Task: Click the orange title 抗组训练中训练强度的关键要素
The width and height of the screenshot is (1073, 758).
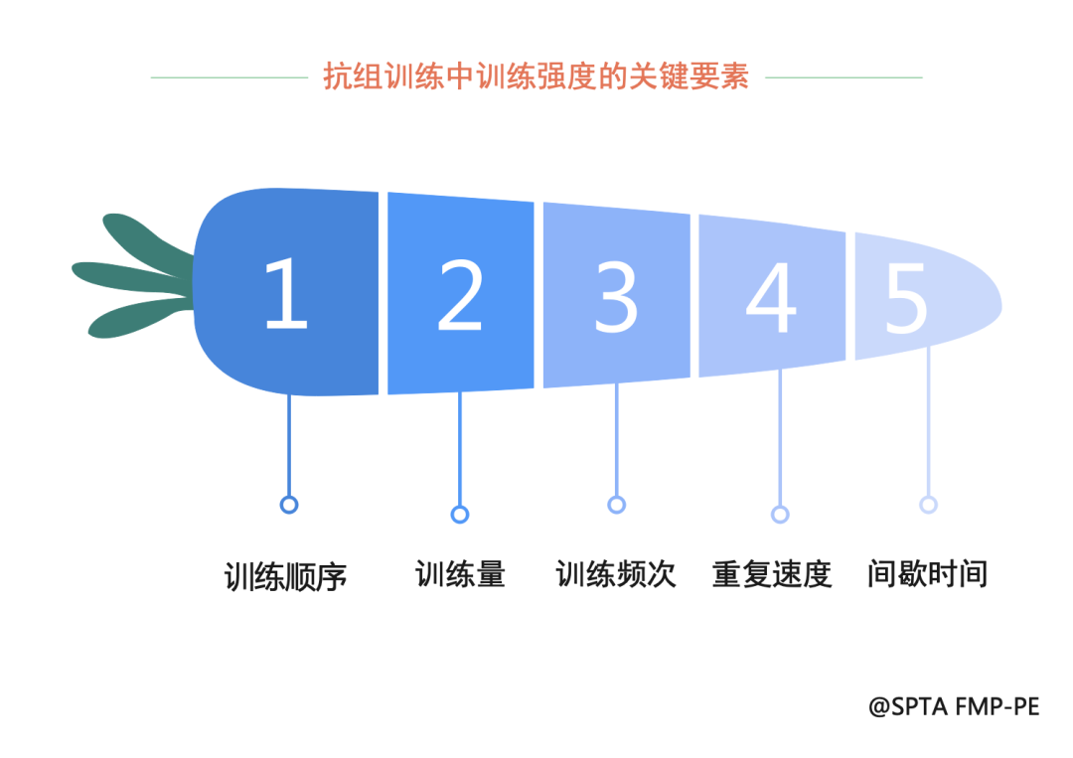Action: pyautogui.click(x=536, y=76)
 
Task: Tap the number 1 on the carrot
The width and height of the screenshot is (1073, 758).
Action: pyautogui.click(x=287, y=294)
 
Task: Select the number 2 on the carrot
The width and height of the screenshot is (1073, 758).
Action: pyautogui.click(x=460, y=295)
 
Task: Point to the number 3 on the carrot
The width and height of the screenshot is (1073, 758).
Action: pyautogui.click(x=616, y=298)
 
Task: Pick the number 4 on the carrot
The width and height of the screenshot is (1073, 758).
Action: pyautogui.click(x=771, y=298)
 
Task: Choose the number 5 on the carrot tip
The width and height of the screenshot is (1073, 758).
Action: pyautogui.click(x=906, y=300)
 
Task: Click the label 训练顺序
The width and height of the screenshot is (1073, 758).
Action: pyautogui.click(x=285, y=576)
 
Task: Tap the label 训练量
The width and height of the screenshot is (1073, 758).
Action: pyautogui.click(x=460, y=574)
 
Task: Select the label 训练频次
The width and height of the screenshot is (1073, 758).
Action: pyautogui.click(x=616, y=574)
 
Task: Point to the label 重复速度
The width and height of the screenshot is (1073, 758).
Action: pyautogui.click(x=772, y=574)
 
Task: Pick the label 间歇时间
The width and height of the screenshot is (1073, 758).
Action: pyautogui.click(x=927, y=573)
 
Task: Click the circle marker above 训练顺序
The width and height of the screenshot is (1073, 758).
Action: pyautogui.click(x=289, y=505)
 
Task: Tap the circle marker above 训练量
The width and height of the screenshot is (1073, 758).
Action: pyautogui.click(x=460, y=515)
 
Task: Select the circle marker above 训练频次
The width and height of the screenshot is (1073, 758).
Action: pyautogui.click(x=617, y=505)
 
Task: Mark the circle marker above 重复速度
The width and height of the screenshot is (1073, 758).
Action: pyautogui.click(x=780, y=515)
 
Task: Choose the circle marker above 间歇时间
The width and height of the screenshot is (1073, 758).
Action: pyautogui.click(x=929, y=505)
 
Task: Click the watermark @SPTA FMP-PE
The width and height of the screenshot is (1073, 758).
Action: pyautogui.click(x=954, y=706)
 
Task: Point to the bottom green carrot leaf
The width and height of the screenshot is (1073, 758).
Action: pyautogui.click(x=137, y=319)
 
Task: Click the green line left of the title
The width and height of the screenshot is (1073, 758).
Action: pyautogui.click(x=230, y=77)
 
